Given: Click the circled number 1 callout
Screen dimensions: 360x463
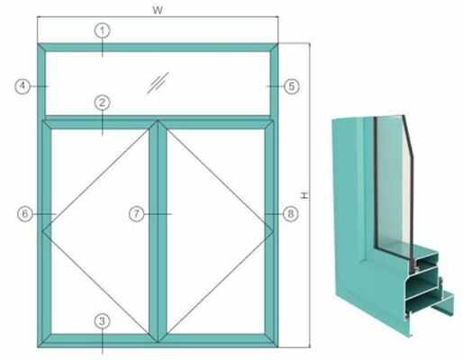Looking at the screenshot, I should pos(103,31).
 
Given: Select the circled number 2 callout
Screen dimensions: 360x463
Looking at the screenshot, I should pos(103,103).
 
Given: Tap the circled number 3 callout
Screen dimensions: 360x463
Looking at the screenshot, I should pos(103,320).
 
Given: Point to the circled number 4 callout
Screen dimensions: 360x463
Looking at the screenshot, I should pos(23,86).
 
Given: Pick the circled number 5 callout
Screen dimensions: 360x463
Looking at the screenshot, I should pos(290,86).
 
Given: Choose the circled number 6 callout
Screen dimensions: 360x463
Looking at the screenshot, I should pos(26,213).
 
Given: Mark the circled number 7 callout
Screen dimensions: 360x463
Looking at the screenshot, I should pos(136,213).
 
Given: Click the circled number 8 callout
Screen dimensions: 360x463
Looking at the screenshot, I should pos(290,213).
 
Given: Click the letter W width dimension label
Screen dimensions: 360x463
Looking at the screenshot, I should pos(159,8).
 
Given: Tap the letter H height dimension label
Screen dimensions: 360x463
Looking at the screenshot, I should pos(304,194).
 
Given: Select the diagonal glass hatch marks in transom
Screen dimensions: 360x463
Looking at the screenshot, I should pos(159,83).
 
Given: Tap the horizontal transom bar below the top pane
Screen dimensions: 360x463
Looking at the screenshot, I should pos(180,119).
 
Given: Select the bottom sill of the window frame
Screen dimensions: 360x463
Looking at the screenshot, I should pos(180,342).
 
